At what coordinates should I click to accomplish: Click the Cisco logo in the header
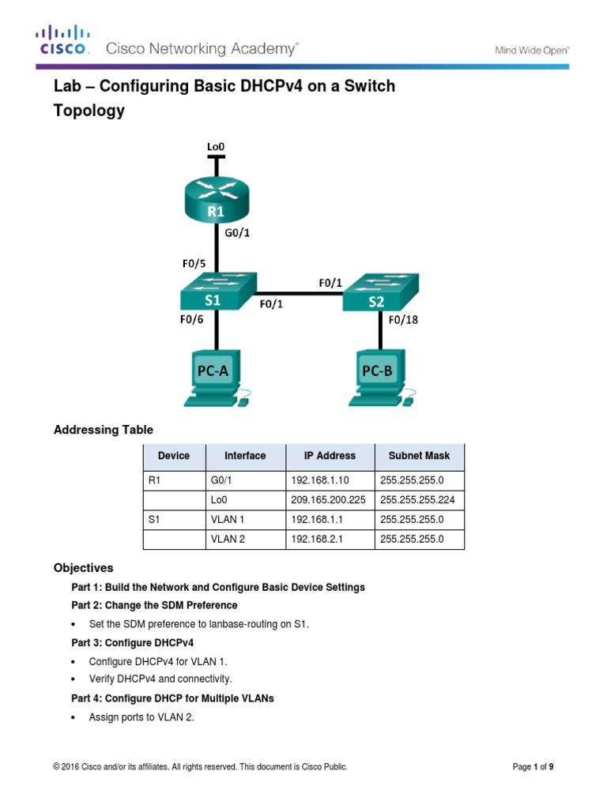point(63,41)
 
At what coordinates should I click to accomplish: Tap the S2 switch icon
point(379,292)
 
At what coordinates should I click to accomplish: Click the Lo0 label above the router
point(216,147)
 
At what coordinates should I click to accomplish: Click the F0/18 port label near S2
point(402,320)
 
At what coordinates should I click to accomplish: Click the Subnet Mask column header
point(418,456)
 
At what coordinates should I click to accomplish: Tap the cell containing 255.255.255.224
point(417,500)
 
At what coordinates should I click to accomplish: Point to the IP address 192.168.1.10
point(315,480)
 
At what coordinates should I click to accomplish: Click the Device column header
point(173,456)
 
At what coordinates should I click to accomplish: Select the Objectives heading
point(83,568)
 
